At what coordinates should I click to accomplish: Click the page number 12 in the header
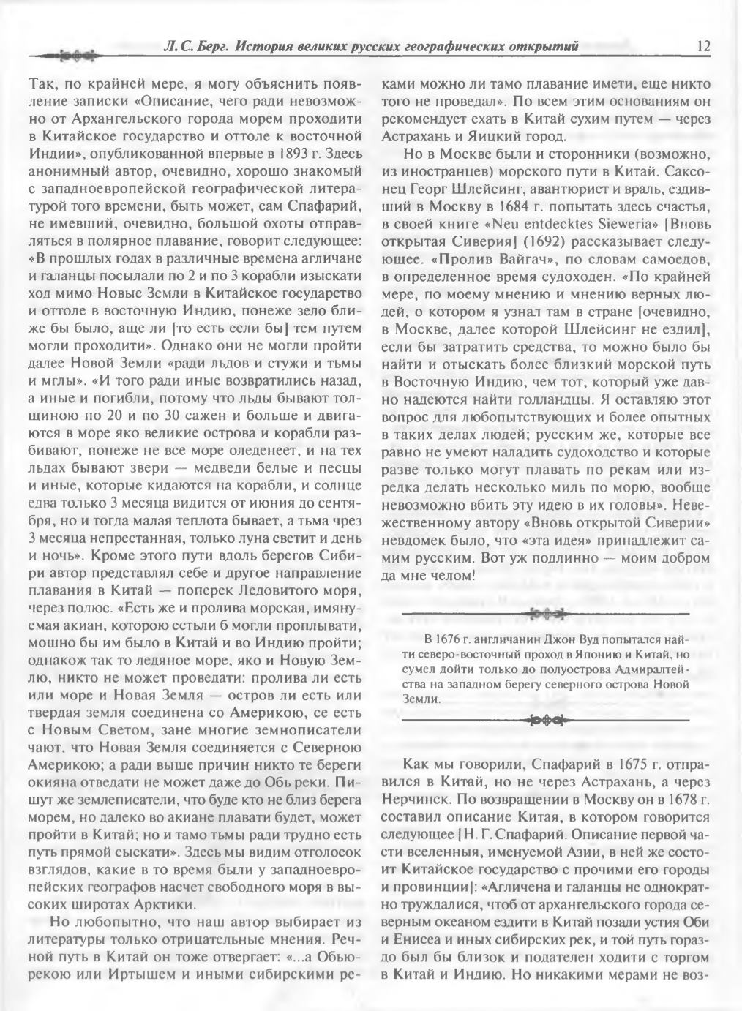(704, 46)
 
